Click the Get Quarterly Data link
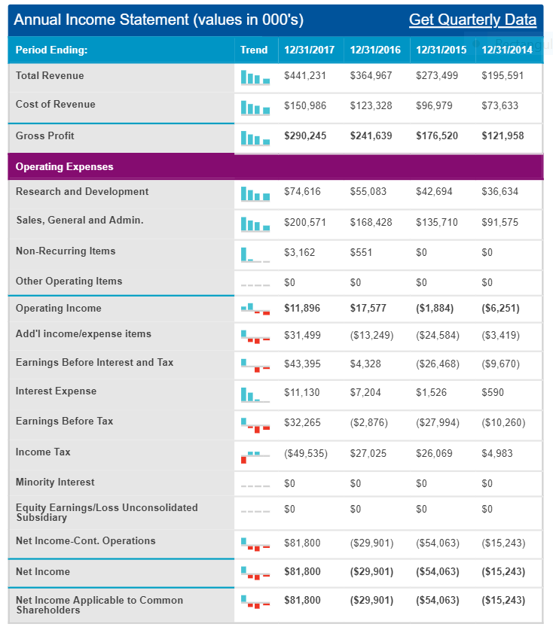tap(472, 20)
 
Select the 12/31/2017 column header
tap(310, 50)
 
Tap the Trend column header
tap(254, 50)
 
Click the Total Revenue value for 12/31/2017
tap(305, 75)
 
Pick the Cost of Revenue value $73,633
tap(500, 105)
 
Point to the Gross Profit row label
tap(45, 135)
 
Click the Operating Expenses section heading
tap(64, 167)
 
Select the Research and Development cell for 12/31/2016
tap(368, 192)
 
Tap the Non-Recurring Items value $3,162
tap(300, 252)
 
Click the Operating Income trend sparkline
tap(255, 309)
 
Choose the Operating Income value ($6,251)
tap(501, 308)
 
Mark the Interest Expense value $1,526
tap(431, 393)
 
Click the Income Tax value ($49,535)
tap(306, 454)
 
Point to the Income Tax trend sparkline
tap(255, 457)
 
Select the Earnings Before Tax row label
tap(64, 421)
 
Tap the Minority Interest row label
tap(55, 482)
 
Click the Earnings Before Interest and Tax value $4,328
tap(365, 364)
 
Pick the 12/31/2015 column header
tap(441, 50)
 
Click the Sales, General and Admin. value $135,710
tap(437, 223)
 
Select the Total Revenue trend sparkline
tap(255, 77)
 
